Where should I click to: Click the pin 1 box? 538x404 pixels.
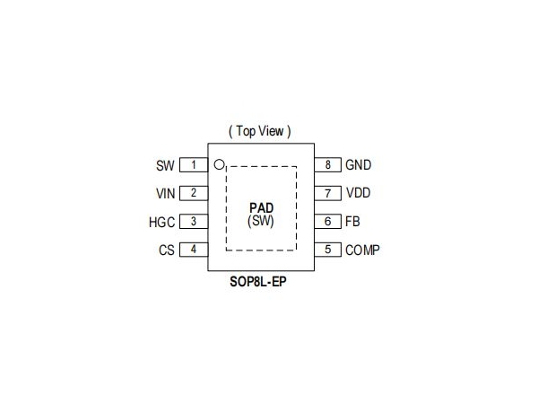tap(194, 165)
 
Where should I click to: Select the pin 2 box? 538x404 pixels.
tap(194, 193)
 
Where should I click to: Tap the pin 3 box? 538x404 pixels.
tap(194, 221)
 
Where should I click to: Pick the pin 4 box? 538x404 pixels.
tap(194, 250)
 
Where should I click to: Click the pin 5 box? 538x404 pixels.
tap(327, 250)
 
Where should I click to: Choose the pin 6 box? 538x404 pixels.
tap(327, 221)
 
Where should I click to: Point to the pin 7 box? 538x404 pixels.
tap(327, 193)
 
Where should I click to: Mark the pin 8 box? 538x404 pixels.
tap(327, 165)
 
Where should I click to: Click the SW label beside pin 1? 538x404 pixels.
tap(165, 165)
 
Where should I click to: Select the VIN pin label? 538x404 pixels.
tap(165, 194)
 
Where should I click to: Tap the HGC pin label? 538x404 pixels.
tap(161, 223)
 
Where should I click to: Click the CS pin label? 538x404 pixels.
tap(167, 250)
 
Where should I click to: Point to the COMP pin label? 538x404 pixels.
tap(362, 250)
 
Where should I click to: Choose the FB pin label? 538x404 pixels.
tap(352, 222)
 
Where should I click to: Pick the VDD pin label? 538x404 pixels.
tap(358, 193)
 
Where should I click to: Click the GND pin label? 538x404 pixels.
tap(358, 165)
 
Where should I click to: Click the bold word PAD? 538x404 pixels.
tap(262, 208)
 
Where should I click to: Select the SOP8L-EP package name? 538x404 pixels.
tap(258, 282)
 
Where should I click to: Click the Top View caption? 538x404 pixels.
tap(260, 131)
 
